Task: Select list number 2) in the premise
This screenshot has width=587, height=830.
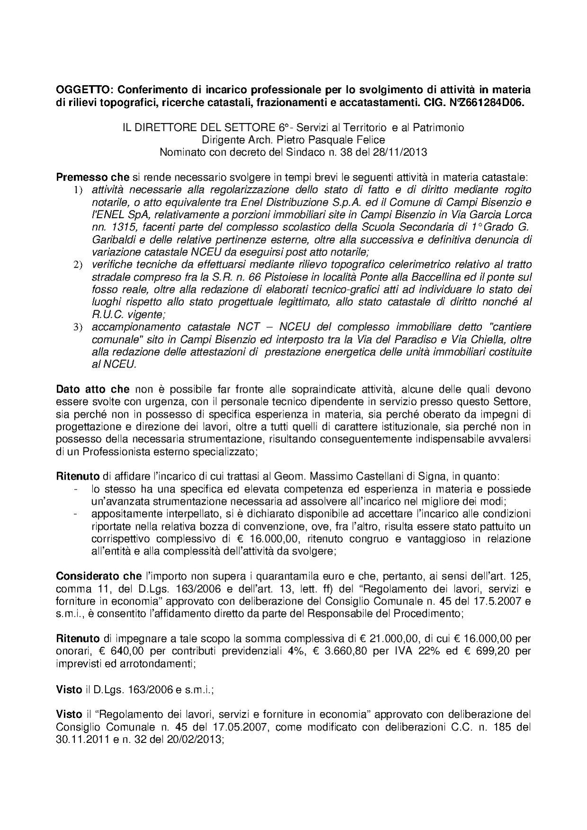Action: pos(78,264)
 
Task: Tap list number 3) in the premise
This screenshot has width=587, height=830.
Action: pos(78,328)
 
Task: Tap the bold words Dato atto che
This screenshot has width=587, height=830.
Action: pos(93,389)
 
